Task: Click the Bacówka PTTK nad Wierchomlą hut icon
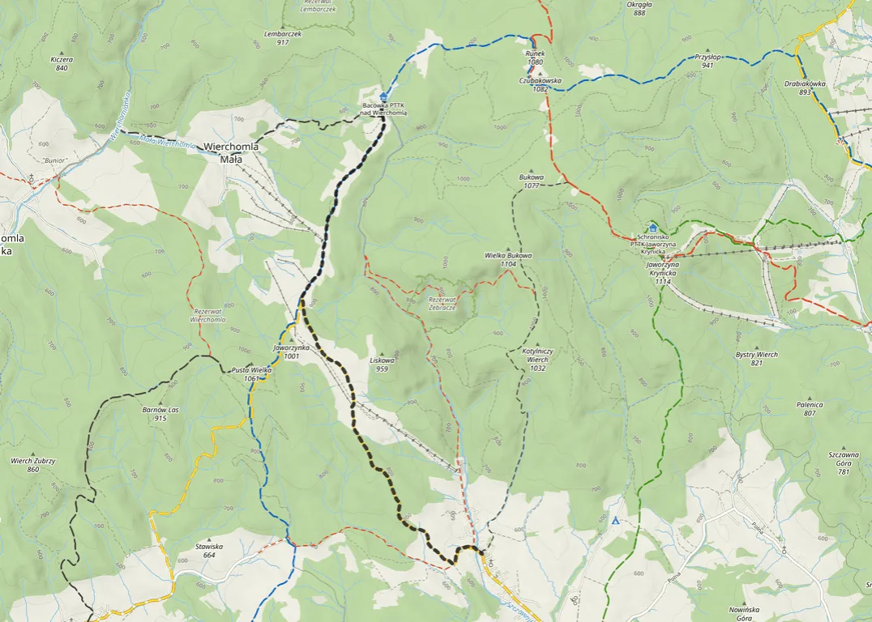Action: pos(383,96)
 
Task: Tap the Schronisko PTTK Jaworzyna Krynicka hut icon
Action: pos(652,228)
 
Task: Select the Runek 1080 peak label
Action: pos(535,58)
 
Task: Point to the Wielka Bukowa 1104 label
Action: pos(508,259)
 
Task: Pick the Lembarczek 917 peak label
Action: pos(283,38)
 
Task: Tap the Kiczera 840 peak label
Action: pos(62,63)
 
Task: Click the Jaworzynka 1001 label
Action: pos(287,351)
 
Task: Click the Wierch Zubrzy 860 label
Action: pos(33,465)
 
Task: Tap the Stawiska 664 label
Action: pos(209,550)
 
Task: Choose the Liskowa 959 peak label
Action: pos(382,364)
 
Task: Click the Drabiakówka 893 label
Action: pos(804,87)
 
